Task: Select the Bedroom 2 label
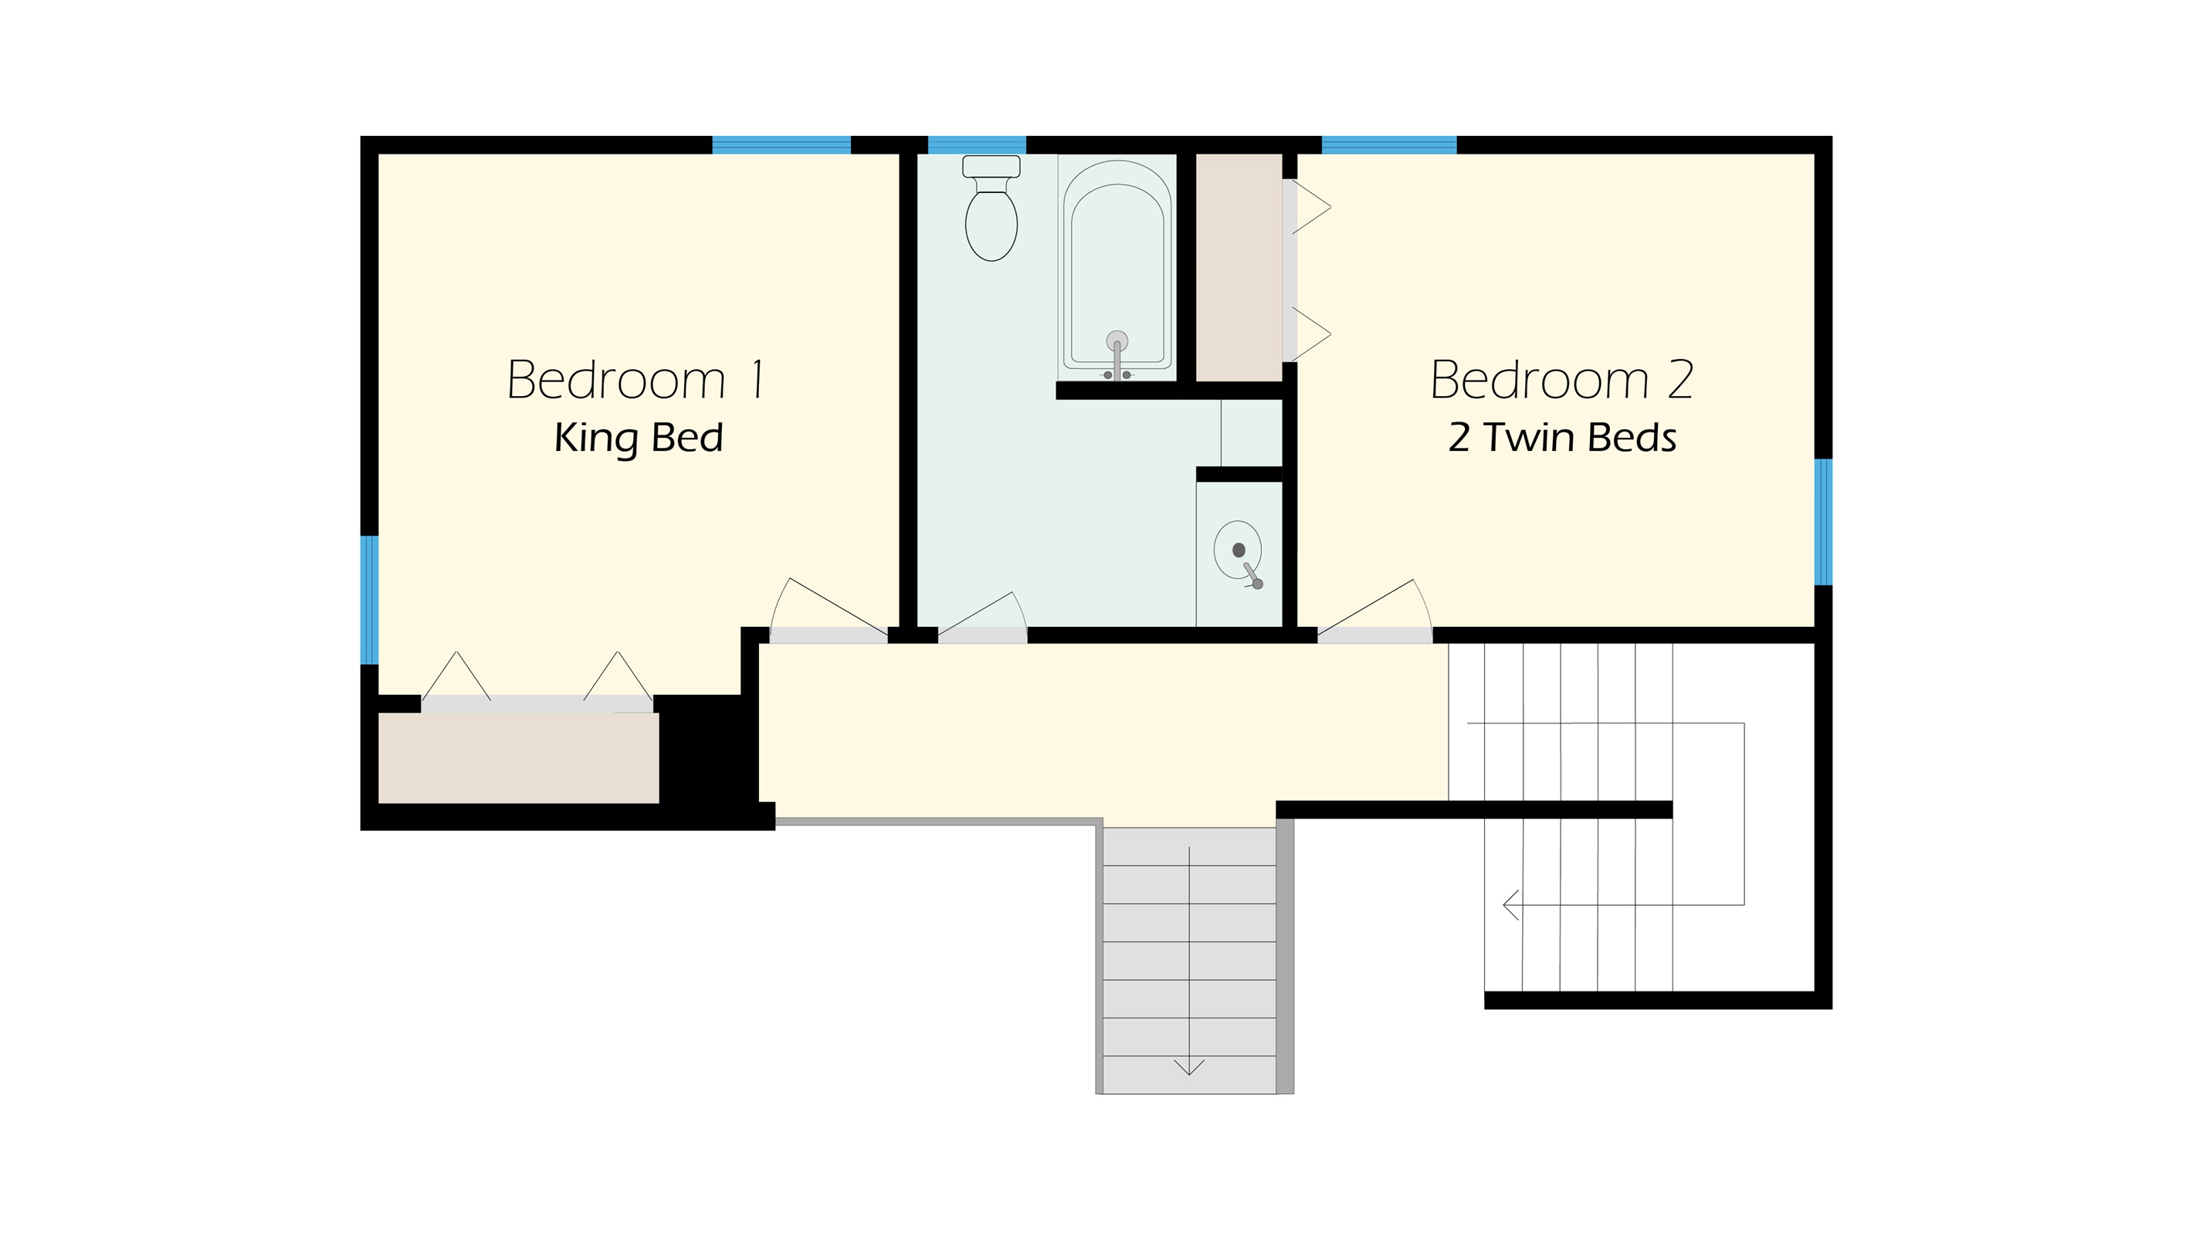tap(1561, 380)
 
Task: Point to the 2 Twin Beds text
tap(1562, 437)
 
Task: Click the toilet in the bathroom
tap(991, 208)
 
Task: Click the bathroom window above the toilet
tap(977, 144)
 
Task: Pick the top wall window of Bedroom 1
tap(781, 144)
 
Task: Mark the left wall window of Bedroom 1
tap(369, 599)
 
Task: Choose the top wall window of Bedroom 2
tap(1388, 144)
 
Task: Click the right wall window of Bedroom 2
tap(1822, 522)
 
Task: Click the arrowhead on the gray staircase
tap(1188, 1067)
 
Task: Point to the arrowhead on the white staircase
tap(1511, 903)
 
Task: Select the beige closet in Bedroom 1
tap(518, 757)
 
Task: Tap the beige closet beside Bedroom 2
tap(1239, 267)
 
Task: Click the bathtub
tap(1117, 267)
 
